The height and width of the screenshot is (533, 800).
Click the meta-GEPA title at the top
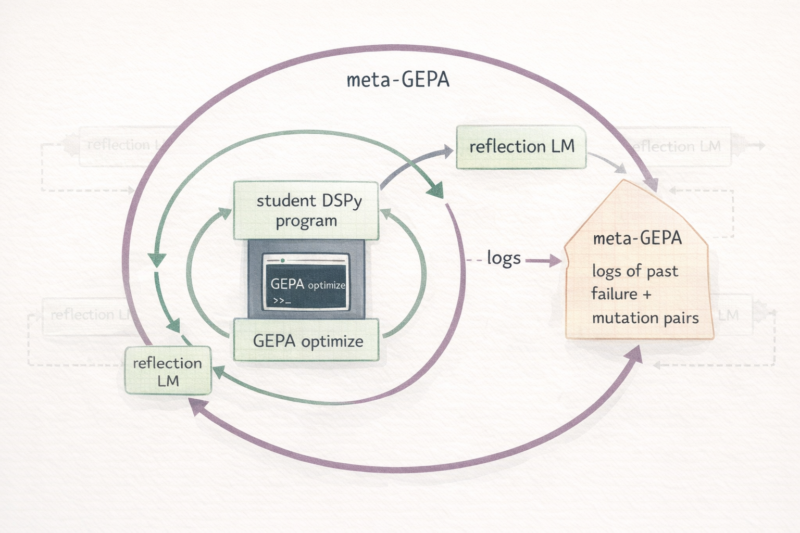(398, 80)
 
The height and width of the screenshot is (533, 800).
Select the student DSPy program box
(306, 210)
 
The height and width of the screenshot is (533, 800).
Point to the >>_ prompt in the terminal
(282, 301)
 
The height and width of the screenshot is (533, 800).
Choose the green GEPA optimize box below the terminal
(307, 341)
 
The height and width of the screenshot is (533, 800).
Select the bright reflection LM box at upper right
(521, 147)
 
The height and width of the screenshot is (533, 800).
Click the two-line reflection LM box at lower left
(168, 371)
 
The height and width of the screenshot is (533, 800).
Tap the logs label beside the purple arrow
(504, 258)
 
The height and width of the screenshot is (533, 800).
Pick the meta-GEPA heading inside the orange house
(637, 238)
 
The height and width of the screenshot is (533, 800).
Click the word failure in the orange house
(614, 294)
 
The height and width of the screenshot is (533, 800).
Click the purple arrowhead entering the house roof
(651, 184)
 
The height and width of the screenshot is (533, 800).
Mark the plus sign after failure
(646, 295)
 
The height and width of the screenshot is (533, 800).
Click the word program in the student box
(306, 221)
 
